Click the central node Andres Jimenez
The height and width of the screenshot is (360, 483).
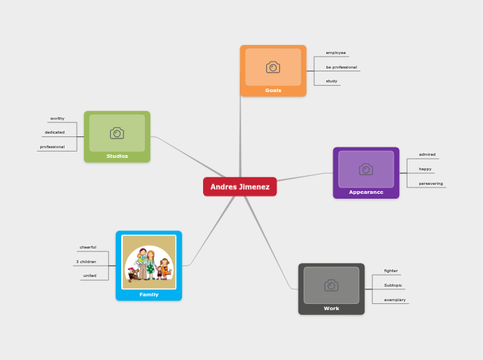point(240,187)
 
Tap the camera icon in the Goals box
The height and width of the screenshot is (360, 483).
point(273,67)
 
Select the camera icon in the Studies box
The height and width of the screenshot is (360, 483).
point(117,133)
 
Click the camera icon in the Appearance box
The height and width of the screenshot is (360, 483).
point(366,169)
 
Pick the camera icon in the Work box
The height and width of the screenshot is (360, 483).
point(331,285)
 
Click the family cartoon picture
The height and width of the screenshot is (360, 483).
point(149,262)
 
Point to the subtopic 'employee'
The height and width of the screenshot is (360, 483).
point(336,53)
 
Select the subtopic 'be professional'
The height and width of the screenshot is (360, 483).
point(341,67)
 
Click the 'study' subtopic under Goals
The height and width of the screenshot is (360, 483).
point(332,81)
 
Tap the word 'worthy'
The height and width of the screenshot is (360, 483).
point(58,118)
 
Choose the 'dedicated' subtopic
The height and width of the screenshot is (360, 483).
point(55,132)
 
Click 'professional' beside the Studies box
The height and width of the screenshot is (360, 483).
point(53,147)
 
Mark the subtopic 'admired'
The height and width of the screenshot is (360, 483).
point(427,154)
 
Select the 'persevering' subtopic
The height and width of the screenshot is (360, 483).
point(430,183)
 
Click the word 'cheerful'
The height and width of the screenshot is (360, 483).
point(88,247)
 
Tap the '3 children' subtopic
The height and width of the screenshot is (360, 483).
point(87,262)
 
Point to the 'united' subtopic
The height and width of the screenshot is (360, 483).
point(90,276)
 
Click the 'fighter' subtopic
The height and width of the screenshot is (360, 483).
point(391,271)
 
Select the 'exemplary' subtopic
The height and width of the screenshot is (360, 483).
point(395,300)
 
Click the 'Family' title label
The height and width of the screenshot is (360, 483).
point(149,294)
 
